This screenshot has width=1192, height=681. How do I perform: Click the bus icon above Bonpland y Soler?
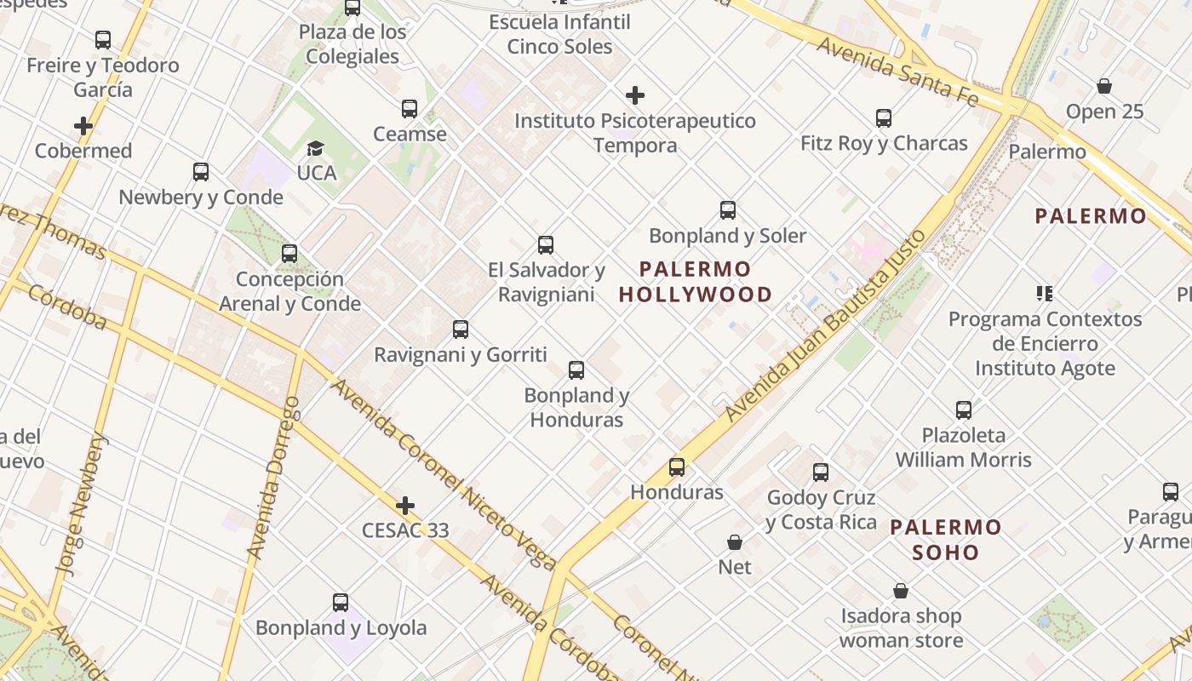728,210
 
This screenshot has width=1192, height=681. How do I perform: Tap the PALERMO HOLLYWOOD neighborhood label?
696,283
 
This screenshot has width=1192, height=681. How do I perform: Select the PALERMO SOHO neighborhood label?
946,540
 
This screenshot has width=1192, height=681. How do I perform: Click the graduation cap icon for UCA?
316,148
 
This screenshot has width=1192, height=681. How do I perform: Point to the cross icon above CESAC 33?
405,506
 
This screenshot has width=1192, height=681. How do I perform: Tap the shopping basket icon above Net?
735,542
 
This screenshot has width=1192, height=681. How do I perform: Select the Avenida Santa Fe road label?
897,71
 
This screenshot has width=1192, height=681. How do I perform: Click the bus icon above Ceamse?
410,109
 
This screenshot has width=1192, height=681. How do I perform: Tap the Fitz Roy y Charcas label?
884,143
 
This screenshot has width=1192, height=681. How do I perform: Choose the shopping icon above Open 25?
1104,86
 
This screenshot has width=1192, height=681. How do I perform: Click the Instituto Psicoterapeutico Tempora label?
635,133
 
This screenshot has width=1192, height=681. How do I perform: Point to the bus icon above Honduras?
677,467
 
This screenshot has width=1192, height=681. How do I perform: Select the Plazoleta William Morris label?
963,448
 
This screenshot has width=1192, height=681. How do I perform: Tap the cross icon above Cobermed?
83,127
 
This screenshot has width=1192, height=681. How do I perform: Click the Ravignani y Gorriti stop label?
461,354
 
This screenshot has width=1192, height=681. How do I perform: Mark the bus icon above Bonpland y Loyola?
341,603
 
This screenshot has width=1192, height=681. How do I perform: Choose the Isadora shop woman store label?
901,628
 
